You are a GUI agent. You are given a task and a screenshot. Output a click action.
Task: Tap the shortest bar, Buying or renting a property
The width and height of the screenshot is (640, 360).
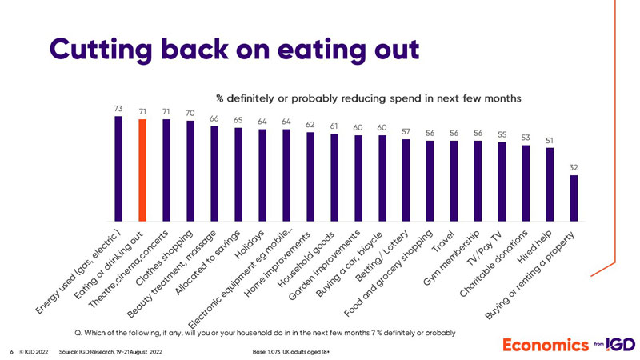click(574, 198)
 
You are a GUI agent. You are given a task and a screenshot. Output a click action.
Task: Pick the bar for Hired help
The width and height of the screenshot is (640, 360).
click(550, 183)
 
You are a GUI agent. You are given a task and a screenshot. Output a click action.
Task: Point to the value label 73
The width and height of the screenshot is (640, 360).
click(118, 107)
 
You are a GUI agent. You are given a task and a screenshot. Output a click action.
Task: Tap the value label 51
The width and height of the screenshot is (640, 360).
click(550, 139)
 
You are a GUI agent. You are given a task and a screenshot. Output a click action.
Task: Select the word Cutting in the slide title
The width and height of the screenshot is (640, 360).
click(100, 47)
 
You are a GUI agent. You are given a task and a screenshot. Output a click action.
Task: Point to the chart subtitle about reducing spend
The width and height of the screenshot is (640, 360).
click(369, 97)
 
